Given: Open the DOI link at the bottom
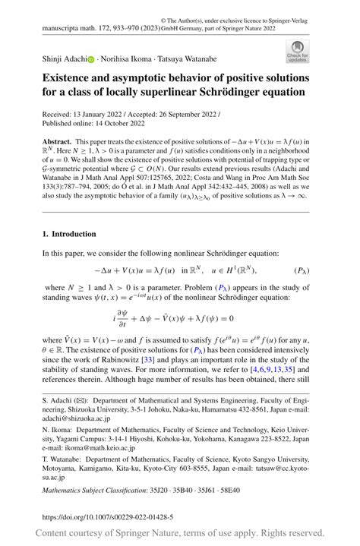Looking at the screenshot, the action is coord(107,517).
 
